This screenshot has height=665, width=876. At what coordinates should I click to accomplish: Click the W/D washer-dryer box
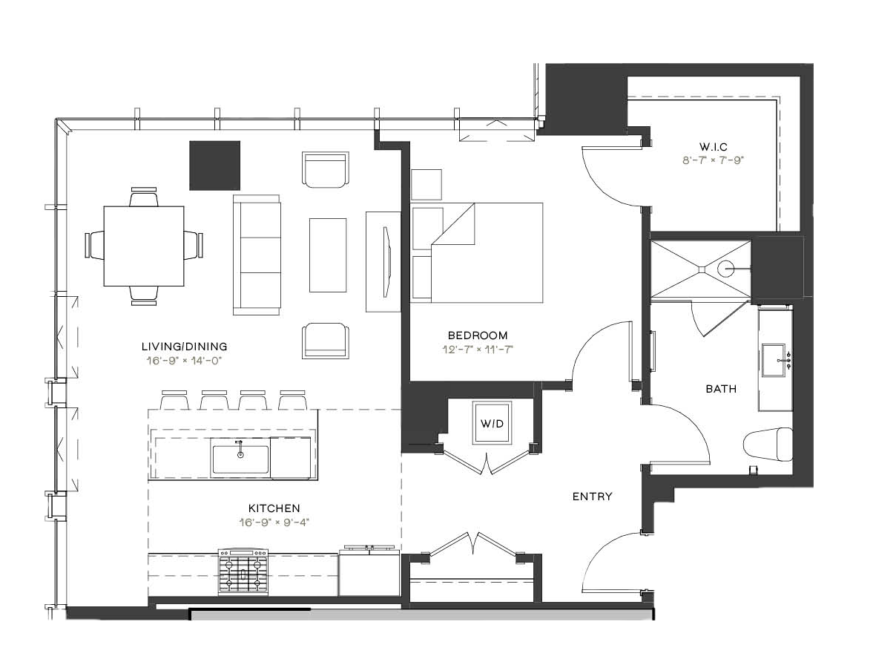(492, 422)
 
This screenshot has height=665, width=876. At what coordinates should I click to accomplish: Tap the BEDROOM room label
(478, 335)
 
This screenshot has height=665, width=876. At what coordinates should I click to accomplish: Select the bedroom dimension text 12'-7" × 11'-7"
(478, 350)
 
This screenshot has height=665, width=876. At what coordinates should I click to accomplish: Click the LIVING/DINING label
(185, 347)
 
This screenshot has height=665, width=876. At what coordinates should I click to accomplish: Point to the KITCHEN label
(274, 508)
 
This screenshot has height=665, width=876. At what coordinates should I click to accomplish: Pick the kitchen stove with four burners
(243, 571)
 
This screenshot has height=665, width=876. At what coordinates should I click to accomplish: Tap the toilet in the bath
(768, 445)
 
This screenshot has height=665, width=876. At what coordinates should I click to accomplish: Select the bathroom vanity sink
(774, 361)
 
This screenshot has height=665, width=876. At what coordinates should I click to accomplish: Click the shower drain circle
(725, 269)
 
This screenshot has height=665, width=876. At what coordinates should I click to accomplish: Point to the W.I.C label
(714, 147)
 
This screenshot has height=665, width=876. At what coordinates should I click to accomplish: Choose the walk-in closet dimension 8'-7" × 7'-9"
(714, 160)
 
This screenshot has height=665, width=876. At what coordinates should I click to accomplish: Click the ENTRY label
(592, 497)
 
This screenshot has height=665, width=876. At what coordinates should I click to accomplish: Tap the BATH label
(721, 388)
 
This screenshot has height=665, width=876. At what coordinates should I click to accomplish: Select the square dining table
(144, 246)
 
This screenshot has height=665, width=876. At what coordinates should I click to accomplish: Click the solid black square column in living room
(215, 166)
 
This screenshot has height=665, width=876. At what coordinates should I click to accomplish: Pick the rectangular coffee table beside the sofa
(328, 255)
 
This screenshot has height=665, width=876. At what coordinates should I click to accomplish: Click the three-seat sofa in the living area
(257, 255)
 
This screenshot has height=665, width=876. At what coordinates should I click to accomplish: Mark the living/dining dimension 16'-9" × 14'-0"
(185, 361)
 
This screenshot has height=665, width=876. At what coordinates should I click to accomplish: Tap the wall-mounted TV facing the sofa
(386, 261)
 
